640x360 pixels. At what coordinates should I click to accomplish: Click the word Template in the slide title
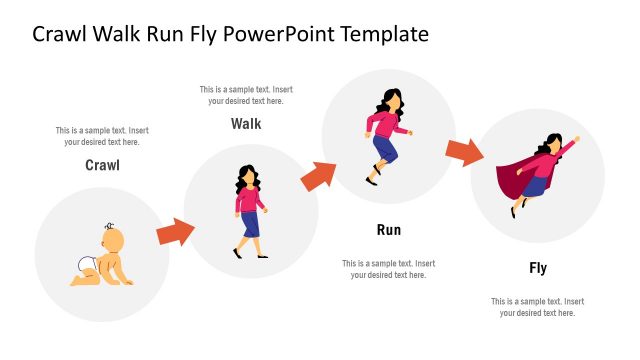click(x=386, y=34)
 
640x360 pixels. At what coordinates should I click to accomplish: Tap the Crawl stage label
click(x=102, y=165)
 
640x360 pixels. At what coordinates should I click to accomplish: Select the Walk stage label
click(x=246, y=124)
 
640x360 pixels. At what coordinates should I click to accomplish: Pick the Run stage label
click(x=389, y=230)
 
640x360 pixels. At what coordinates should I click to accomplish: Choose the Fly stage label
click(x=538, y=268)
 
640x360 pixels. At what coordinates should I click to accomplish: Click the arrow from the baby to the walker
click(x=175, y=232)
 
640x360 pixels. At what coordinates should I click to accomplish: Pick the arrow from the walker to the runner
click(x=318, y=177)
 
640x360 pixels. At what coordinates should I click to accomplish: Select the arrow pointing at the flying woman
click(x=464, y=152)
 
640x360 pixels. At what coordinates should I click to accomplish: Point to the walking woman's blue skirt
click(x=250, y=224)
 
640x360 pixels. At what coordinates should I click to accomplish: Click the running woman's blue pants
click(x=386, y=150)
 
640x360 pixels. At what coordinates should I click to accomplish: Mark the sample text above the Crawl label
click(x=102, y=136)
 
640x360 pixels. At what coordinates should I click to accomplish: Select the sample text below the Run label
click(x=389, y=269)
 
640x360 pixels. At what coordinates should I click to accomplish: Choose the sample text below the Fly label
click(x=538, y=307)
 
